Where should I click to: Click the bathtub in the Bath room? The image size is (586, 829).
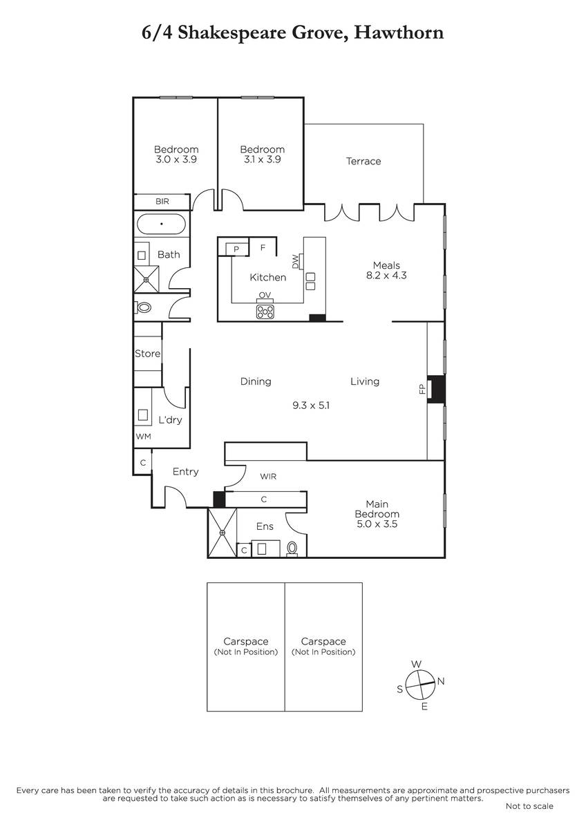coord(162,224)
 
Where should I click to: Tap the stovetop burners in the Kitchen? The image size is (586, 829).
coord(265,312)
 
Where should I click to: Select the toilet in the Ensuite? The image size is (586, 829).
coord(292,549)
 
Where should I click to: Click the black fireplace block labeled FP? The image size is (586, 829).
coord(436,389)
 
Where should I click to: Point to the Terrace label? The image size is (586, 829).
coord(363,161)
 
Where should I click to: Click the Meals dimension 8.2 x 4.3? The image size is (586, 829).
coord(386,276)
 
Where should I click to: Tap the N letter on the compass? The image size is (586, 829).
coord(440,681)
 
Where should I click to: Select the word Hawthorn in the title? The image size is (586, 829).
coord(399,32)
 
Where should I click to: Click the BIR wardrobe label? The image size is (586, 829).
coord(162,201)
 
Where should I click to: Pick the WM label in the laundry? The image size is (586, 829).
coord(143,437)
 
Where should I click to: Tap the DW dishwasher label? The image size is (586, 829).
coord(295,261)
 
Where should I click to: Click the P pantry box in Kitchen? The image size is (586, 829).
coord(236,249)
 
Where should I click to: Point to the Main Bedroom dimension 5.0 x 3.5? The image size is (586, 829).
coord(377,524)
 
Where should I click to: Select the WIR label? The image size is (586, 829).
coord(268,477)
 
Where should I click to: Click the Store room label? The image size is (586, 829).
coord(147,354)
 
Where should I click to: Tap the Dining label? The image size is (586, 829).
coord(256,381)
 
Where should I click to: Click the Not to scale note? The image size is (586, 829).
coord(529,806)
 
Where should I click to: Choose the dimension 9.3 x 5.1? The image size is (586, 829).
coord(310,406)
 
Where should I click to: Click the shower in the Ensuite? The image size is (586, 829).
coord(222,533)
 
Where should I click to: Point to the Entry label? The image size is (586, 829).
coord(185,471)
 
